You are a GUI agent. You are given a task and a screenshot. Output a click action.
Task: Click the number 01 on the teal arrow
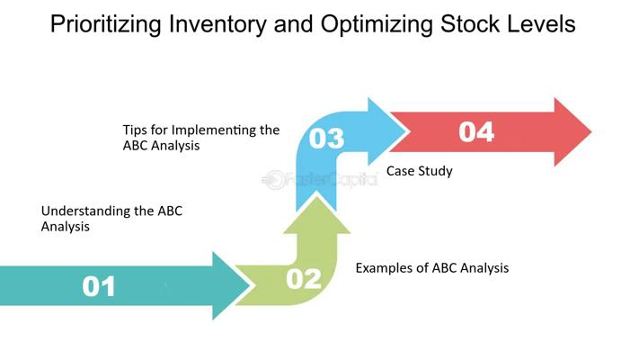click(99, 286)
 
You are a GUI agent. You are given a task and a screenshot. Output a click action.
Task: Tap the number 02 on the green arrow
click(304, 279)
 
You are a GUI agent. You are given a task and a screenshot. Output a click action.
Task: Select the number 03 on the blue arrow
click(326, 139)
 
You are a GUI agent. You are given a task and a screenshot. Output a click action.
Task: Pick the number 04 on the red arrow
click(476, 131)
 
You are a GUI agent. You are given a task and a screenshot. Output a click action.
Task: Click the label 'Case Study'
click(419, 171)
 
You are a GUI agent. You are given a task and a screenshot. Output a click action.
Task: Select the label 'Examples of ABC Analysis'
click(431, 267)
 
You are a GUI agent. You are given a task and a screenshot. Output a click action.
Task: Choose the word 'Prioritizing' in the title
click(104, 24)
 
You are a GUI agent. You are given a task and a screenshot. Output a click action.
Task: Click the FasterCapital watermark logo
click(319, 180)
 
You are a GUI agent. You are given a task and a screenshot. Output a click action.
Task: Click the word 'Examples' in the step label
click(385, 267)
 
